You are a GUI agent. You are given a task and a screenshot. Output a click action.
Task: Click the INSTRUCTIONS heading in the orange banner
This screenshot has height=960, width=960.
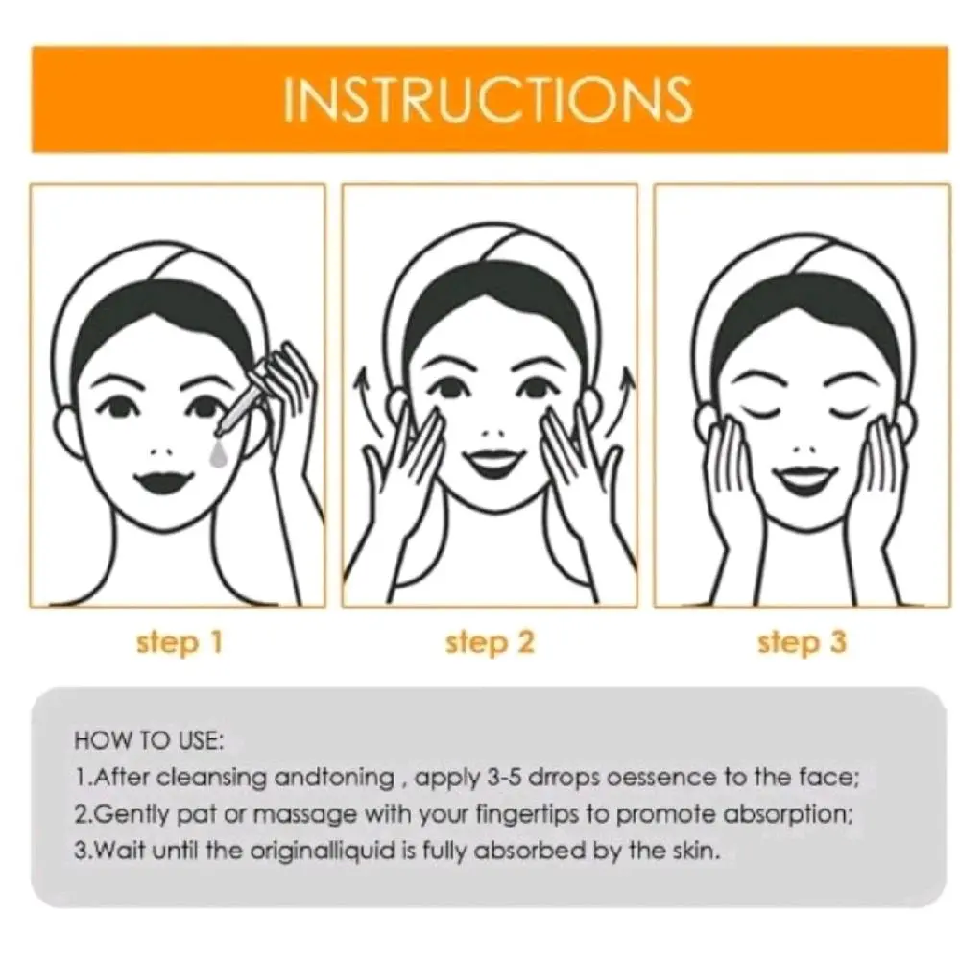(488, 98)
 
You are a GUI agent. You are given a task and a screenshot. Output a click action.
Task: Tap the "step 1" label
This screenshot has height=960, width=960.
(180, 643)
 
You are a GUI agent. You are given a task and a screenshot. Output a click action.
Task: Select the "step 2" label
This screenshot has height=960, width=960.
(490, 643)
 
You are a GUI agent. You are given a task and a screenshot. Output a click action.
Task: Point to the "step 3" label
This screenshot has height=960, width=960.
(802, 643)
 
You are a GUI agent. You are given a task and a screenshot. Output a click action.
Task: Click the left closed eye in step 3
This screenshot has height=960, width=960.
(763, 410)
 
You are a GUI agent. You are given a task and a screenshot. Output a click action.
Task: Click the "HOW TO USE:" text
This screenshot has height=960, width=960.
(150, 741)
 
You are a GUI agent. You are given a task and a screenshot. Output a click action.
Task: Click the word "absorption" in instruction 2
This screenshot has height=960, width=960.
(788, 814)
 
